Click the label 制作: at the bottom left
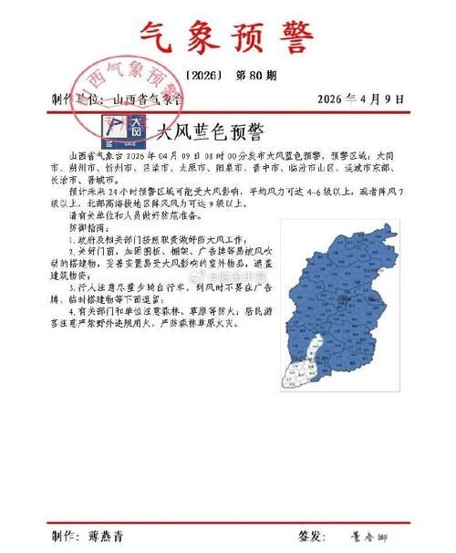pyautogui.click(x=67, y=536)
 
